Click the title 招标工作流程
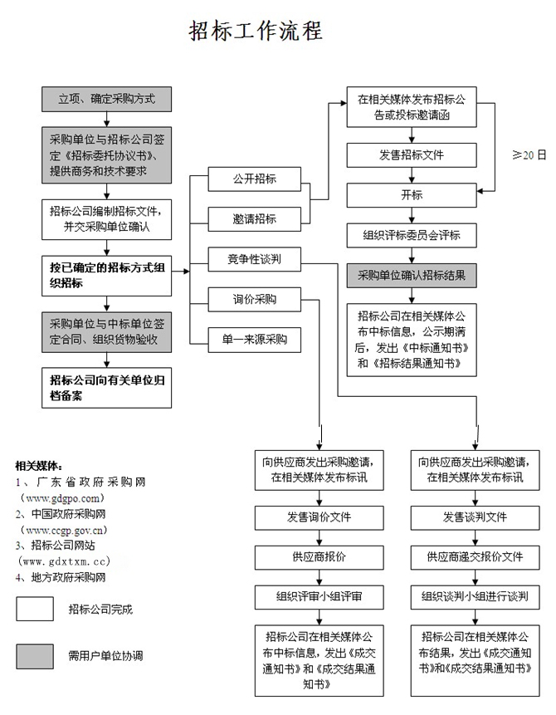click(x=256, y=31)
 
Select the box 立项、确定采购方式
click(x=107, y=99)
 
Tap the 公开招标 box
click(x=254, y=179)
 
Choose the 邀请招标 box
click(x=254, y=219)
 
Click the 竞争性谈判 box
click(x=254, y=259)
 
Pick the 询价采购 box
click(x=254, y=299)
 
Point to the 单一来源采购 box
click(x=254, y=340)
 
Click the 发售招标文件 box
click(x=412, y=155)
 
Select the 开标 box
click(x=412, y=195)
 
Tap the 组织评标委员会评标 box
click(x=412, y=235)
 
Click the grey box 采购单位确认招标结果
click(x=412, y=276)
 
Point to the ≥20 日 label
click(x=529, y=155)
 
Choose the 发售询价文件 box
click(x=319, y=517)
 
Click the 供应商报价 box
click(x=319, y=557)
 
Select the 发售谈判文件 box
click(x=475, y=517)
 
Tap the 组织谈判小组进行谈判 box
click(x=475, y=597)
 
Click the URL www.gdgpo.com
click(x=62, y=498)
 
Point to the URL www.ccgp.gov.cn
click(x=63, y=530)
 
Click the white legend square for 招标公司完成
click(x=35, y=609)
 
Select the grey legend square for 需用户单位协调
click(x=35, y=656)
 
